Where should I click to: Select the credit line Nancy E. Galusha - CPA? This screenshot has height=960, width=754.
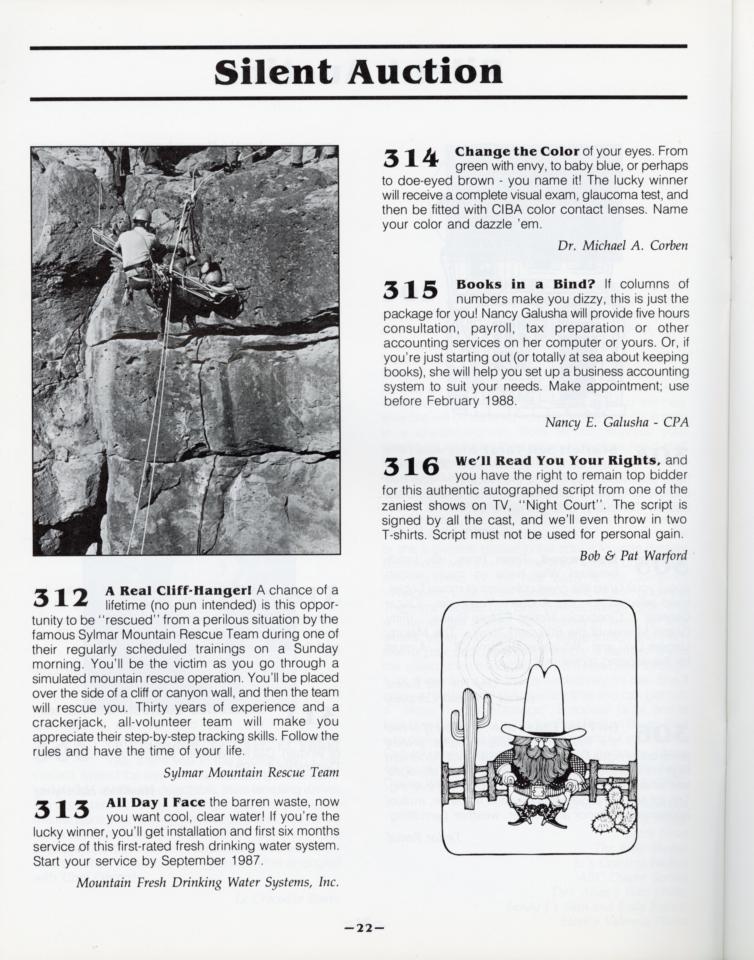point(617,422)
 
